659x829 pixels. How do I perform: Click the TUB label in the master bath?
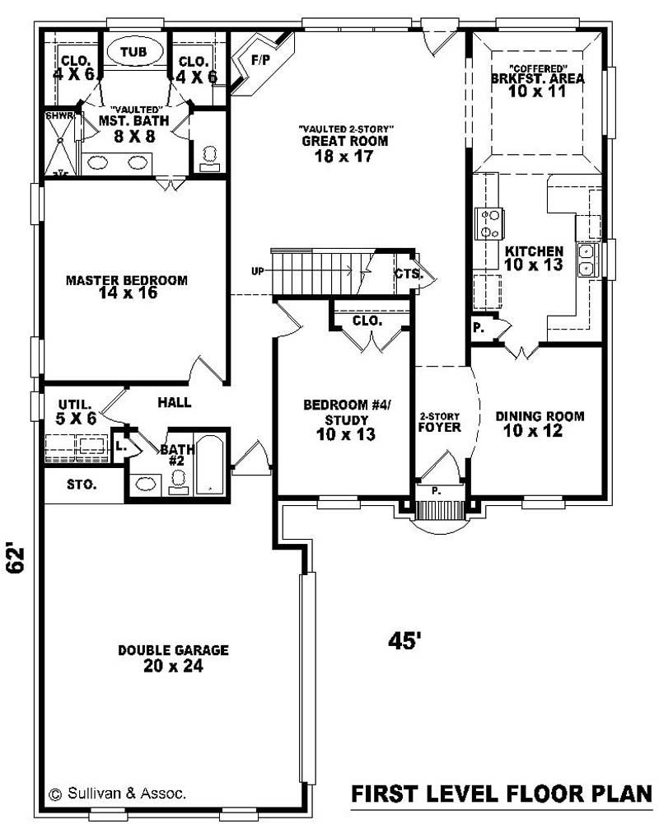click(133, 52)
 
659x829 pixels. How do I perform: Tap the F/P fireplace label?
click(260, 60)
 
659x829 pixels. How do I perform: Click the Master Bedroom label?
click(126, 280)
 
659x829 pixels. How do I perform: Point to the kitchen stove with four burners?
click(488, 223)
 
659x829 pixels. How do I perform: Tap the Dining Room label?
click(540, 416)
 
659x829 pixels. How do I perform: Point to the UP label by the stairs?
click(258, 271)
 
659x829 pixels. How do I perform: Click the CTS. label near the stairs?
click(408, 274)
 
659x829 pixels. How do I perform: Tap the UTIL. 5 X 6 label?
click(77, 411)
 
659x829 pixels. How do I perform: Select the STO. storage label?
click(81, 485)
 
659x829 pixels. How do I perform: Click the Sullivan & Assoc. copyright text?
click(118, 794)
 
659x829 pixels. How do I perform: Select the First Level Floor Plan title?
click(501, 794)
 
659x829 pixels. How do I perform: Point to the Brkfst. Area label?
click(537, 79)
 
